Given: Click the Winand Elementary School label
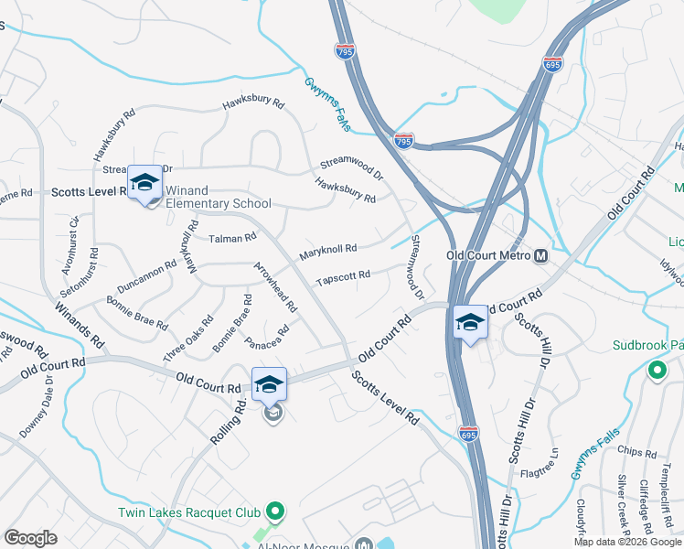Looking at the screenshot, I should pyautogui.click(x=218, y=197).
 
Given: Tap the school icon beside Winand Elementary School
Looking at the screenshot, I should pyautogui.click(x=144, y=183).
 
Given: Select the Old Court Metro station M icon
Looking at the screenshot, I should pyautogui.click(x=540, y=255).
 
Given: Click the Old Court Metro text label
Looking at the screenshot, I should pyautogui.click(x=488, y=255).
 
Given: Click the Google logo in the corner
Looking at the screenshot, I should pyautogui.click(x=30, y=538).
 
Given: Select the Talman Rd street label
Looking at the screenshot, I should pyautogui.click(x=232, y=238).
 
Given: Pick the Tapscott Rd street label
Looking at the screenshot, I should pyautogui.click(x=343, y=276).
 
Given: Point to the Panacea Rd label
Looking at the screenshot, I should pyautogui.click(x=267, y=337).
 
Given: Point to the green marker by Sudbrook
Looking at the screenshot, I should pyautogui.click(x=656, y=371).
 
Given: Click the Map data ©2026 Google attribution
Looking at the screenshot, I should pyautogui.click(x=626, y=542).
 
